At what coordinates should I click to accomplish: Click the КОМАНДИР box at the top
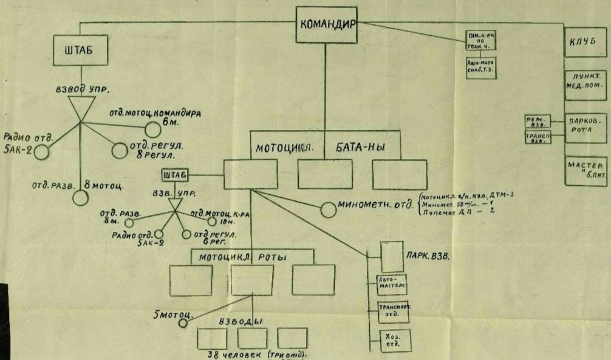327,25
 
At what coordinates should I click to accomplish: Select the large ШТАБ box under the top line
81,52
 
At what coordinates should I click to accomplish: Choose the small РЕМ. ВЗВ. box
536,122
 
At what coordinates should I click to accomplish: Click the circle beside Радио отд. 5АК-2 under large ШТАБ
41,152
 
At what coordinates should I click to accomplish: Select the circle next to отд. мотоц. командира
152,129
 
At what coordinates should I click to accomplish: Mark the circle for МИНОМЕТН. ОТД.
328,209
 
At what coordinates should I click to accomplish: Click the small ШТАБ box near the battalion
173,175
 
